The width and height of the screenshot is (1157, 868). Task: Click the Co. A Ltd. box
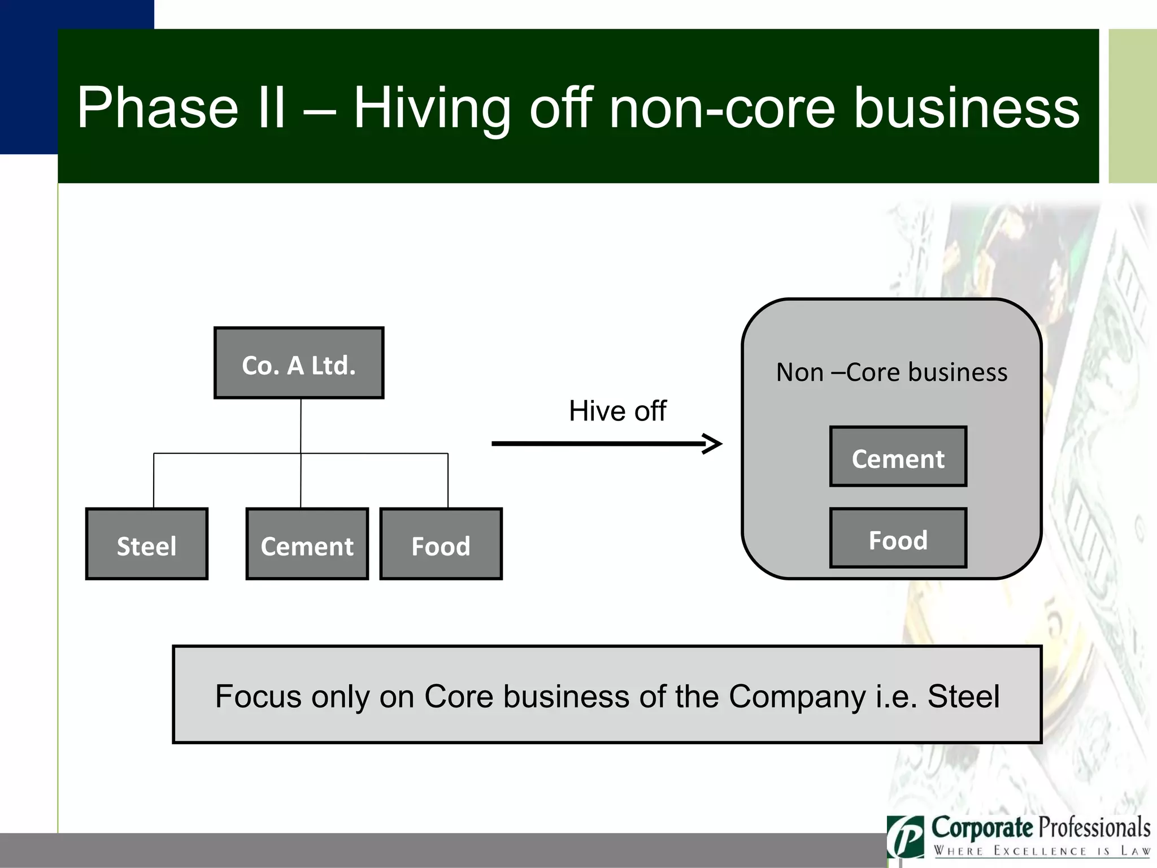coord(299,363)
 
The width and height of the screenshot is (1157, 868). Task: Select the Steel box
coord(147,544)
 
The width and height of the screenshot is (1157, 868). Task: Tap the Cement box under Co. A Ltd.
coord(307,544)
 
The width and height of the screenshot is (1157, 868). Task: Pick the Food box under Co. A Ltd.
coord(441,544)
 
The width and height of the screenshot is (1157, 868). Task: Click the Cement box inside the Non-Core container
coord(898,457)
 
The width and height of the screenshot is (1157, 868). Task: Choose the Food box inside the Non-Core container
coord(898,538)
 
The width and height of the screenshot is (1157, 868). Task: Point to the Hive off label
coord(617,411)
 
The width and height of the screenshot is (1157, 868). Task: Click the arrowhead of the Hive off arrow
coord(713,444)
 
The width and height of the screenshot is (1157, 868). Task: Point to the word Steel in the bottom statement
coord(963,696)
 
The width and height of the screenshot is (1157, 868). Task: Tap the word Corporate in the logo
coord(981,828)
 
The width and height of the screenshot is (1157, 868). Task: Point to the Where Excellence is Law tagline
coord(1041,851)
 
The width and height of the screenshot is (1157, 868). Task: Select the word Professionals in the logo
coord(1095,828)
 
